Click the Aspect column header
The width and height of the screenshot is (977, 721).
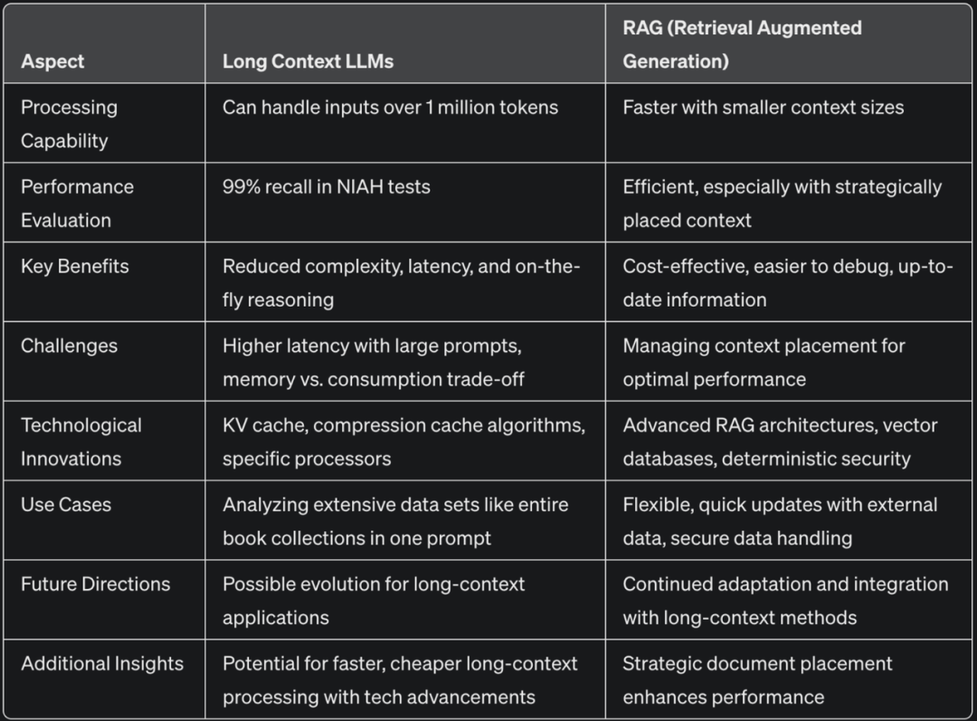(x=52, y=62)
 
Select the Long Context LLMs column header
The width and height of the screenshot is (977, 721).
(x=308, y=62)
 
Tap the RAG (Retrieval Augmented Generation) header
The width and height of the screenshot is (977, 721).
(x=742, y=44)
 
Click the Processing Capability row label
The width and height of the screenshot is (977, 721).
(x=69, y=124)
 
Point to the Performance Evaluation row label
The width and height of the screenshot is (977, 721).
(x=77, y=204)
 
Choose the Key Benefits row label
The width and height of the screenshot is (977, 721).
(x=74, y=266)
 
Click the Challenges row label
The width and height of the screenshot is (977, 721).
(x=69, y=346)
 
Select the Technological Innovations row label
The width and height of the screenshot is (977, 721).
(x=81, y=441)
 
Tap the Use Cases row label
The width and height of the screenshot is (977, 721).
(x=66, y=505)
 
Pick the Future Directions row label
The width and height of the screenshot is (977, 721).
(x=95, y=584)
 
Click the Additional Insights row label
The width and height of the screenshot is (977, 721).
(x=101, y=664)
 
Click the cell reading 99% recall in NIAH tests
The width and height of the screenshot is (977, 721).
(x=326, y=187)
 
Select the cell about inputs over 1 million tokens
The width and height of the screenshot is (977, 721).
(x=390, y=108)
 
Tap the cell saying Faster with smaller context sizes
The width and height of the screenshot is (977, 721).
(x=763, y=108)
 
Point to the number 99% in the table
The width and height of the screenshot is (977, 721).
(x=241, y=187)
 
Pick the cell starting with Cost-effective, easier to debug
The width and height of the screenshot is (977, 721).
(x=787, y=282)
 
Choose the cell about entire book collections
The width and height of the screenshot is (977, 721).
(x=395, y=521)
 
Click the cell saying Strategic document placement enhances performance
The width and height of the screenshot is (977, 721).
(x=757, y=680)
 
